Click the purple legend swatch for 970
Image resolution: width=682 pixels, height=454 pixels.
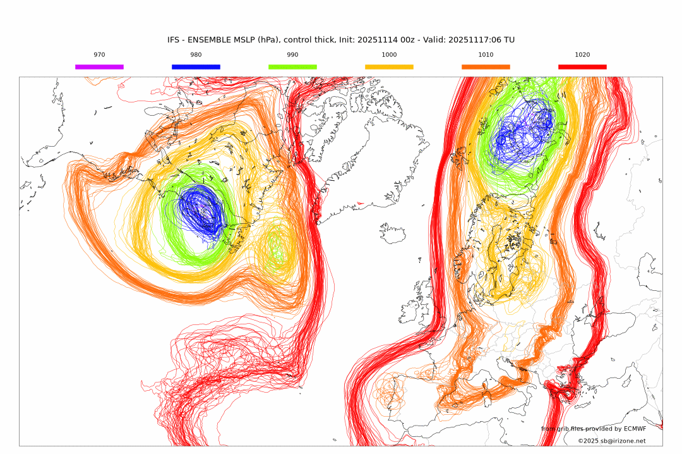coord(99,66)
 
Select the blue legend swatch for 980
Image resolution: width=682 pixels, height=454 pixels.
coord(196,66)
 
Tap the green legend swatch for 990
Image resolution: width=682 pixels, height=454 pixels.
coord(292,66)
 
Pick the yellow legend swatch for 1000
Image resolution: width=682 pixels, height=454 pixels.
coord(389,66)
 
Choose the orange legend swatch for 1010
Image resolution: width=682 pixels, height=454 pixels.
coord(486,66)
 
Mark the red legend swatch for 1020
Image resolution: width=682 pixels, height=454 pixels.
coord(582,66)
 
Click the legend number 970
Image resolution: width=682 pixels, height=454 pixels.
coord(99,55)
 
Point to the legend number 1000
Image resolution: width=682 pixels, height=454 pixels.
coord(389,55)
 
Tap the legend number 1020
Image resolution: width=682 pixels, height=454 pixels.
coord(582,55)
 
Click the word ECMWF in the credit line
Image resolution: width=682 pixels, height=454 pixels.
coord(635,429)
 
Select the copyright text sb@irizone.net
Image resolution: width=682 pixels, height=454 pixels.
coord(622,441)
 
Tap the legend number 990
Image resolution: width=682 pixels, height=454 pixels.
coord(292,55)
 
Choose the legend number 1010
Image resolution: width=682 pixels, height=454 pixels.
coord(486,55)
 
